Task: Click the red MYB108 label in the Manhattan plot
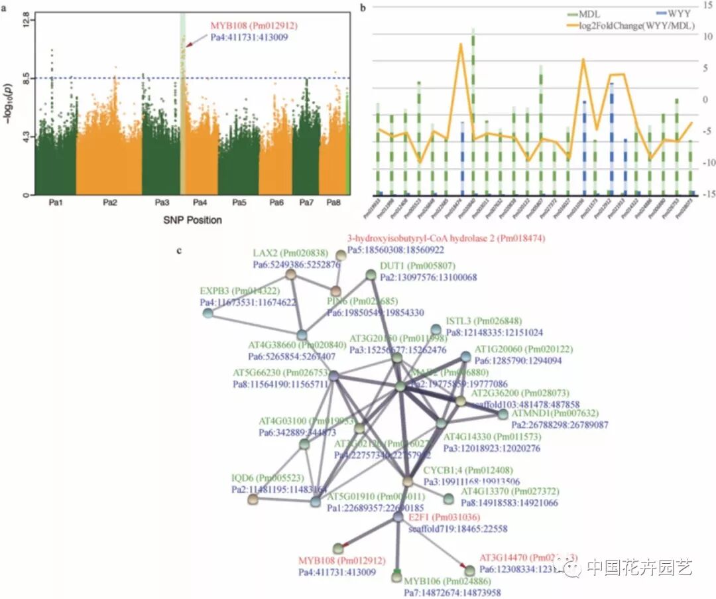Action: pos(254,26)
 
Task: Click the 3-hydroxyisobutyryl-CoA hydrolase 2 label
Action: pos(446,238)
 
